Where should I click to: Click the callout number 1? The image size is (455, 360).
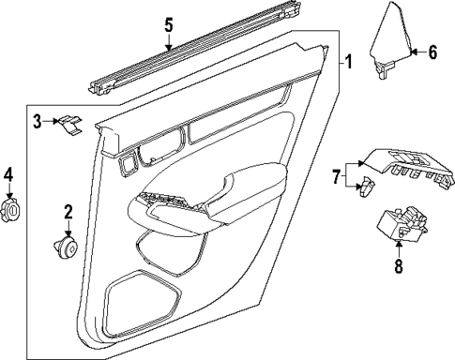(x=348, y=63)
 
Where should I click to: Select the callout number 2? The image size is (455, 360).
(x=68, y=215)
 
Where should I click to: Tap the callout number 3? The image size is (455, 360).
(x=38, y=120)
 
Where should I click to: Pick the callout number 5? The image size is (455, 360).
(x=168, y=25)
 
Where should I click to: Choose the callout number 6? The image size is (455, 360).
(x=432, y=52)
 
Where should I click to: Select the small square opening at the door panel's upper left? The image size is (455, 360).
(x=126, y=166)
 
